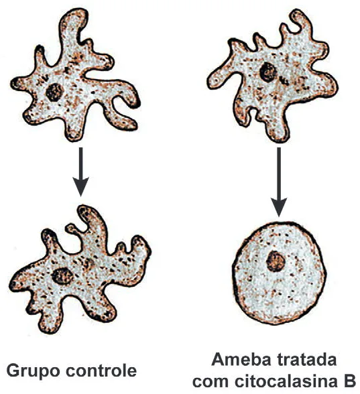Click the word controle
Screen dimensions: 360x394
click(x=101, y=370)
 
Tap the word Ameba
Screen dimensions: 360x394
click(x=239, y=360)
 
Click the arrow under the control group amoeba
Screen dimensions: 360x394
click(x=80, y=172)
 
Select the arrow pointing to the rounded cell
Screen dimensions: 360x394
click(x=279, y=182)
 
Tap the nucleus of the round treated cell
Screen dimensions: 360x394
click(x=276, y=261)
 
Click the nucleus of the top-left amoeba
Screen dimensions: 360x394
click(x=54, y=92)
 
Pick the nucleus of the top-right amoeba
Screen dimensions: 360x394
click(x=268, y=72)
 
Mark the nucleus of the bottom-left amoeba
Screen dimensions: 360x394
click(x=62, y=276)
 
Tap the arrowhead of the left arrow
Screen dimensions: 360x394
click(x=80, y=186)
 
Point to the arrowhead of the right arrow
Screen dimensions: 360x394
click(x=279, y=206)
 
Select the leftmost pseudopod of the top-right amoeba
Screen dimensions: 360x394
click(x=219, y=78)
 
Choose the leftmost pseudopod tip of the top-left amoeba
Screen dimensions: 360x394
click(x=15, y=83)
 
